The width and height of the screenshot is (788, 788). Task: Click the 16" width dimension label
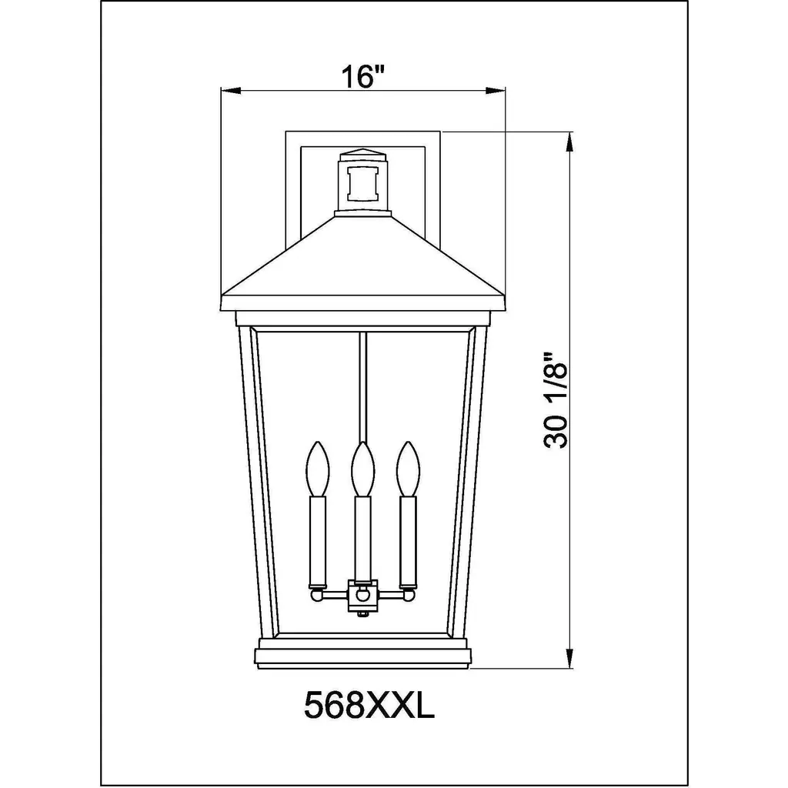[x=362, y=76]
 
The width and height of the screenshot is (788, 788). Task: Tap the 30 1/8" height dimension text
[x=556, y=400]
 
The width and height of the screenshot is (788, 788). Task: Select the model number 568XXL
[x=369, y=706]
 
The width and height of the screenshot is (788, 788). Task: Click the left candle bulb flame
[x=318, y=468]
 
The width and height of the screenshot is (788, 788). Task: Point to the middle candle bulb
[x=363, y=468]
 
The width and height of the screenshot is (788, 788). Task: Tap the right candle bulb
[x=408, y=468]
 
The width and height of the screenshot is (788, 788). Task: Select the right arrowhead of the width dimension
[x=495, y=91]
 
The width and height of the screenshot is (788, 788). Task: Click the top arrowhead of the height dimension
[x=569, y=142]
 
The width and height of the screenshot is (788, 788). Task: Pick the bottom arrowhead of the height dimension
[x=569, y=659]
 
